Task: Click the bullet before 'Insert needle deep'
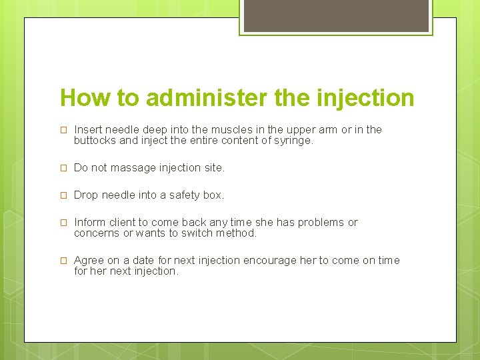coord(64,130)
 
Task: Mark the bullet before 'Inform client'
coord(64,223)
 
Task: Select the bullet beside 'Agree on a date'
coord(64,261)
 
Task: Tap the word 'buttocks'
coord(95,141)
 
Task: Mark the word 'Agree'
coord(88,260)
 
